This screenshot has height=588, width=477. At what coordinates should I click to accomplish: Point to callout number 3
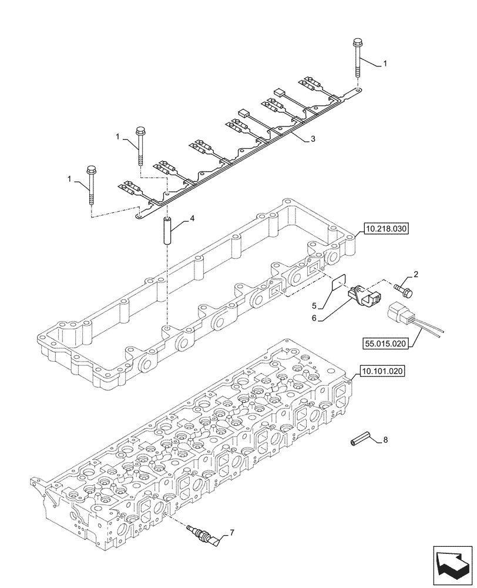pyautogui.click(x=313, y=139)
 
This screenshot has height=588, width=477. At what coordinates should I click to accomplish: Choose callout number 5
pyautogui.click(x=314, y=305)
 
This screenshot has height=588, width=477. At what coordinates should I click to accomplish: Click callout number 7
pyautogui.click(x=231, y=533)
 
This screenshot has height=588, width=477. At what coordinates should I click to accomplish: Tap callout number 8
pyautogui.click(x=385, y=439)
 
